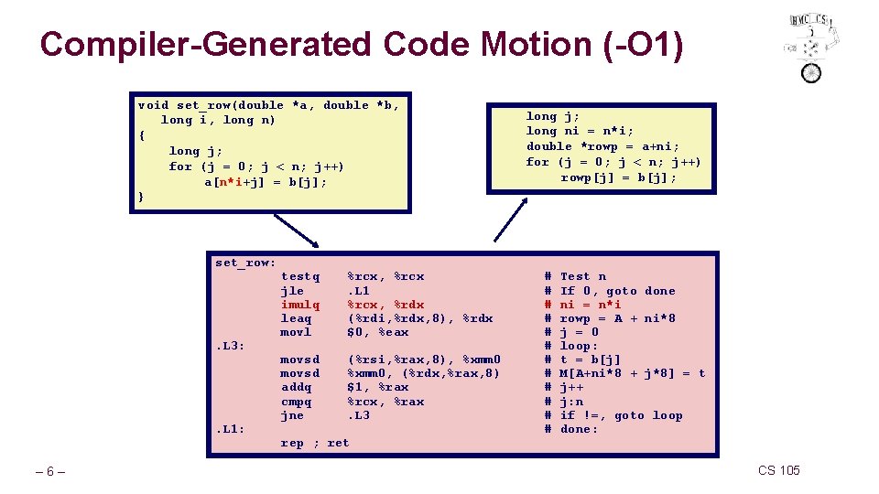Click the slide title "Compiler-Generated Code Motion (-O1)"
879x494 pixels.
pyautogui.click(x=362, y=44)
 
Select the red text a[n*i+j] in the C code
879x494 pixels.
pyautogui.click(x=240, y=181)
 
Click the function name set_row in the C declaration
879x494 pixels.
pyautogui.click(x=200, y=105)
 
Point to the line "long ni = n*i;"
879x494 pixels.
pyautogui.click(x=580, y=131)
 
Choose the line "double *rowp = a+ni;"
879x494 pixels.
pyautogui.click(x=602, y=146)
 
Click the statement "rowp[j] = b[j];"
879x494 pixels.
pyautogui.click(x=619, y=177)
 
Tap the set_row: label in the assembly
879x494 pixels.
pyautogui.click(x=245, y=263)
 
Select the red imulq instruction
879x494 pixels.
pyautogui.click(x=300, y=305)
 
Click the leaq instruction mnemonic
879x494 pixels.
pyautogui.click(x=296, y=318)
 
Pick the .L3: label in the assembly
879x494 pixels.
pyautogui.click(x=230, y=346)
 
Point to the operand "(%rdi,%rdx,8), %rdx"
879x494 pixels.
pyautogui.click(x=419, y=318)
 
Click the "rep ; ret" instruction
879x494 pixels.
pyautogui.click(x=314, y=443)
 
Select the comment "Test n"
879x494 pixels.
pyautogui.click(x=582, y=276)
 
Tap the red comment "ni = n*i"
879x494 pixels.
pyautogui.click(x=590, y=305)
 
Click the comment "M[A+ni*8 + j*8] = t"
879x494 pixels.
pyautogui.click(x=632, y=373)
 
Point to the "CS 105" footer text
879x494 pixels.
pyautogui.click(x=778, y=470)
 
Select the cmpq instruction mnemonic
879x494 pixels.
pyautogui.click(x=296, y=402)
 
